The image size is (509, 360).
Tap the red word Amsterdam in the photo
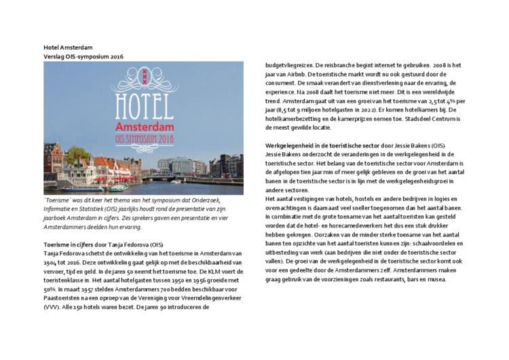[x=143, y=127]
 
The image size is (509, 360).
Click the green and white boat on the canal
[x=118, y=187]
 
